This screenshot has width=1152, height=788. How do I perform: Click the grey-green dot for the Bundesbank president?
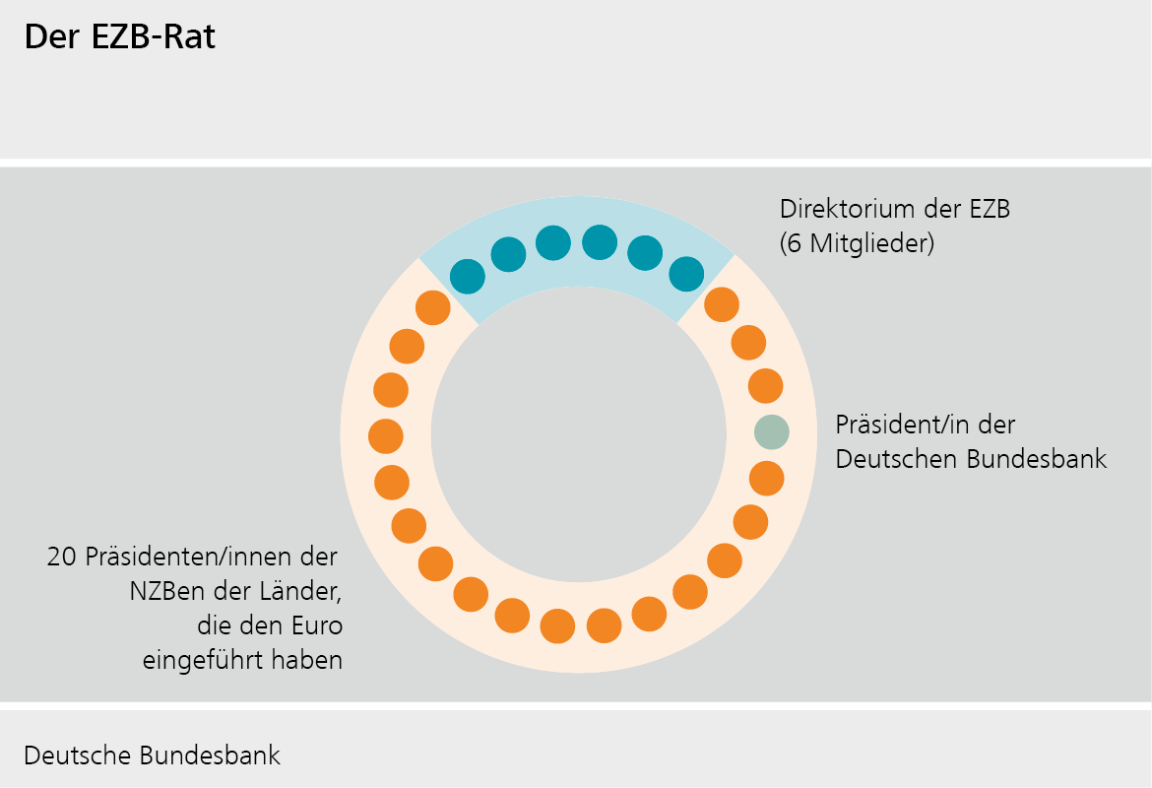pos(772,431)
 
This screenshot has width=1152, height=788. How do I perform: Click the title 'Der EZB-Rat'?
pos(119,37)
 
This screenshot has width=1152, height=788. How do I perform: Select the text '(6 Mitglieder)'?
pos(857,243)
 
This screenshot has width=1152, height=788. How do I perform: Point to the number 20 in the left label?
pos(62,558)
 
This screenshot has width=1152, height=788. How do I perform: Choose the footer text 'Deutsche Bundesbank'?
pos(152,755)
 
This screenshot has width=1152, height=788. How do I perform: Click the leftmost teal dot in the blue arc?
pos(468,277)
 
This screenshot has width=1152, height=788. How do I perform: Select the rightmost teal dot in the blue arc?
pos(686,274)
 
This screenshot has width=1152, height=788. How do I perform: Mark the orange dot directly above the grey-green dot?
pos(765,385)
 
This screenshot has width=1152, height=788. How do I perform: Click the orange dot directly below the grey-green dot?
pos(766,479)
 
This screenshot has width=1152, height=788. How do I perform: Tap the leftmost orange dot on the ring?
pos(385,435)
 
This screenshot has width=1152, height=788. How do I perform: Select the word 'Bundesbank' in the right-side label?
pos(1047,459)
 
